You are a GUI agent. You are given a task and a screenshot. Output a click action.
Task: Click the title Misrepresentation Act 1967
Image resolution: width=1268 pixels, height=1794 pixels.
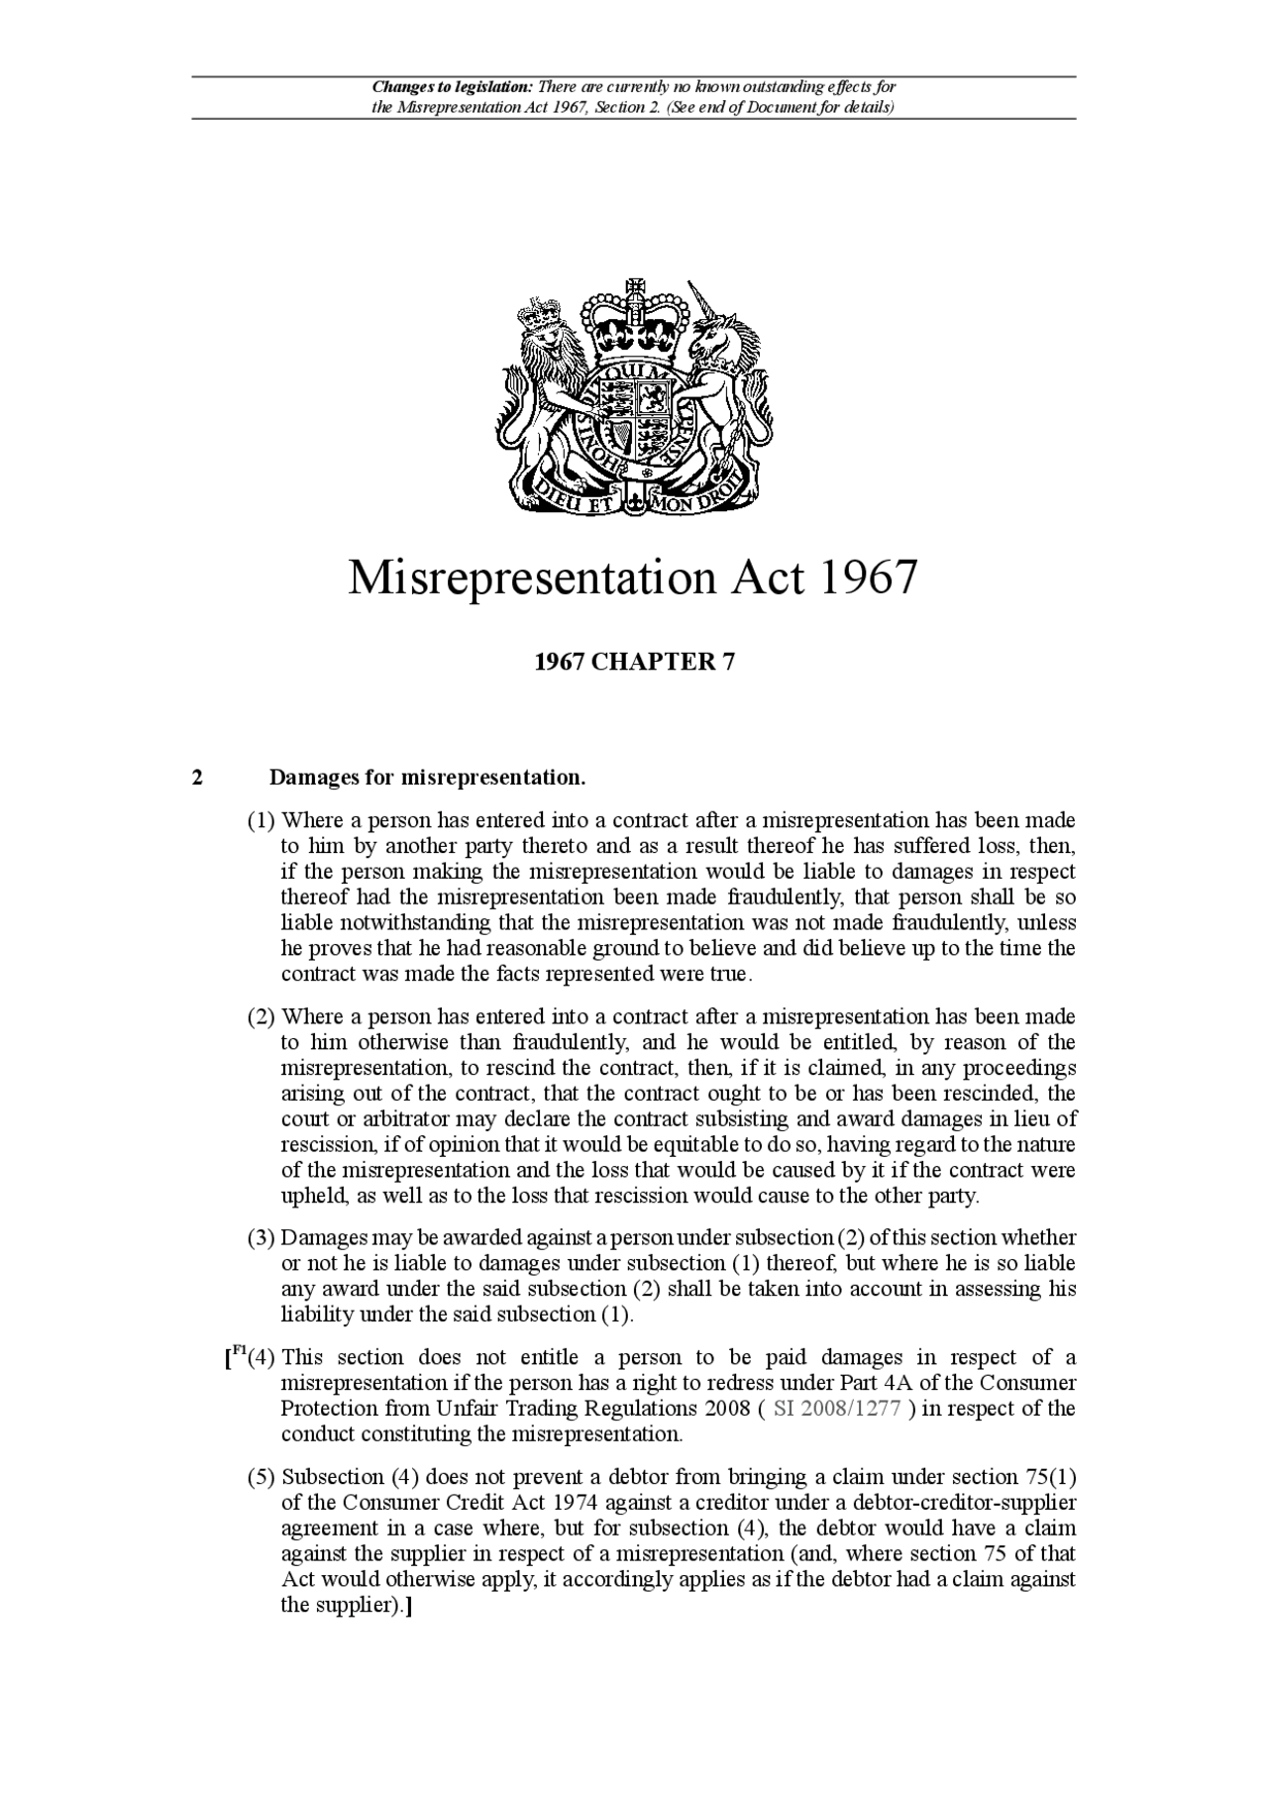tap(633, 579)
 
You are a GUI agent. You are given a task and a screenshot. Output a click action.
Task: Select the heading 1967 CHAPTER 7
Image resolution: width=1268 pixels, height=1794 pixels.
tap(634, 662)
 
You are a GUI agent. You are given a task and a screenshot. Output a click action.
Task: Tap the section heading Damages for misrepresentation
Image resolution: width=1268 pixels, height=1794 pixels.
tap(428, 778)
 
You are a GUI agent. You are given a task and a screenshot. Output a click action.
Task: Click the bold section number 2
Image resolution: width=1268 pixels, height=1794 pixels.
tap(197, 778)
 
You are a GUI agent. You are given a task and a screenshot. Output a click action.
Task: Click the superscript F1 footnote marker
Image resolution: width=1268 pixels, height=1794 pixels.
tap(238, 1351)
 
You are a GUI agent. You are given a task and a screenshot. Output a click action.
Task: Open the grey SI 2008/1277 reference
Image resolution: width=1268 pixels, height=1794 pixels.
tap(836, 1409)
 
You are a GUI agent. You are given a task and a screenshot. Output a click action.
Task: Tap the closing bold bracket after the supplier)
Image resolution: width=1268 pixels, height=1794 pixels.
tap(409, 1606)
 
